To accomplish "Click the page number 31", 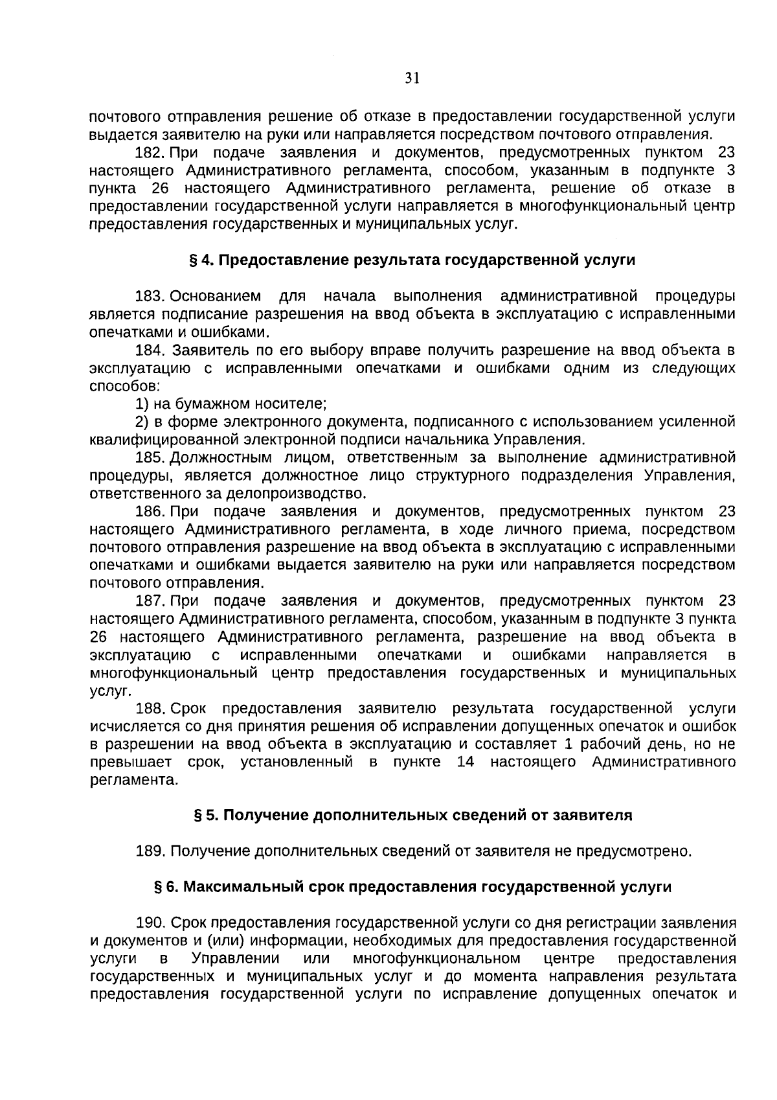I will click(412, 79).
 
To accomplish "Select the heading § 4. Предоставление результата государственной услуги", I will click(412, 260).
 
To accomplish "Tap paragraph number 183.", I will click(150, 297).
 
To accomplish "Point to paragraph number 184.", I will click(150, 350).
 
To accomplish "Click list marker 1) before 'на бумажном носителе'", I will click(142, 404).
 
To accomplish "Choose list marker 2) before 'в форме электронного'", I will click(142, 422).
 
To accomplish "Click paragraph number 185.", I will click(150, 458).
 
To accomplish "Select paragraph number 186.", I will click(150, 512).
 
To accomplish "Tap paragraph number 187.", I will click(150, 601).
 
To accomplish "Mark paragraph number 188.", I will click(150, 709).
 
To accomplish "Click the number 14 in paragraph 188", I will click(466, 762).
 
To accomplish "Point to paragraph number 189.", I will click(150, 851).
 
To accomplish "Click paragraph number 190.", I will click(150, 922).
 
